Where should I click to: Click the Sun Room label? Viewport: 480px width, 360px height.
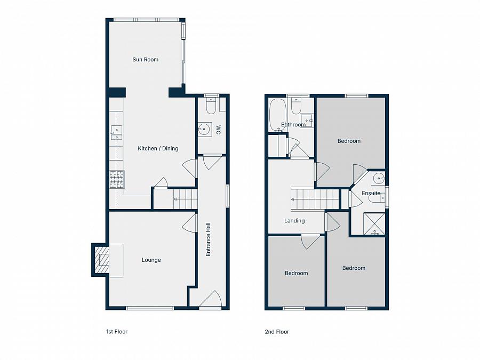pyautogui.click(x=145, y=60)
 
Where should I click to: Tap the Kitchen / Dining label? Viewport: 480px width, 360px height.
pyautogui.click(x=158, y=148)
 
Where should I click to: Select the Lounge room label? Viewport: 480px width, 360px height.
pyautogui.click(x=151, y=260)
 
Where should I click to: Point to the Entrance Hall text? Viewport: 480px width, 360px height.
pyautogui.click(x=209, y=239)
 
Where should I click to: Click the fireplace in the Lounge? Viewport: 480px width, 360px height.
pyautogui.click(x=102, y=260)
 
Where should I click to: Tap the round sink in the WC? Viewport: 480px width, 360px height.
pyautogui.click(x=204, y=129)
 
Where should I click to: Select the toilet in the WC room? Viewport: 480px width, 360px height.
pyautogui.click(x=211, y=108)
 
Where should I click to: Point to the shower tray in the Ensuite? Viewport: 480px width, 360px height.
pyautogui.click(x=374, y=223)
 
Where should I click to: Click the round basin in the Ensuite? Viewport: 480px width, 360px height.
pyautogui.click(x=378, y=179)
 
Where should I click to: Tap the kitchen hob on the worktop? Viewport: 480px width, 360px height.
pyautogui.click(x=116, y=179)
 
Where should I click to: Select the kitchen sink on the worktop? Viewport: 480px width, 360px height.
pyautogui.click(x=116, y=133)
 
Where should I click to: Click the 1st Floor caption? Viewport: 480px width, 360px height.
pyautogui.click(x=117, y=332)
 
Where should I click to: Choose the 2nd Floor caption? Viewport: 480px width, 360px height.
pyautogui.click(x=277, y=332)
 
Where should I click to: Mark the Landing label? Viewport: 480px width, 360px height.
pyautogui.click(x=294, y=221)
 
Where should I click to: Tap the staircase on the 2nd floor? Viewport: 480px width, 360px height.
pyautogui.click(x=315, y=199)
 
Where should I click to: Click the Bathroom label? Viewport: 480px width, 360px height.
pyautogui.click(x=293, y=125)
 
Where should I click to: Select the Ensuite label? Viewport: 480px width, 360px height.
pyautogui.click(x=371, y=193)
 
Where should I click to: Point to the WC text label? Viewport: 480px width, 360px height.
pyautogui.click(x=218, y=130)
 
